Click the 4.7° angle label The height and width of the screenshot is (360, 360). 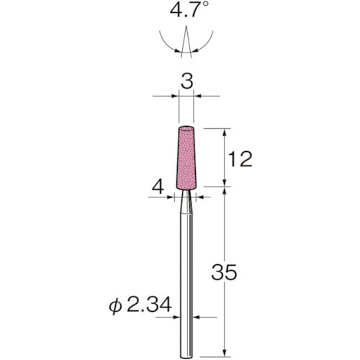(189, 9)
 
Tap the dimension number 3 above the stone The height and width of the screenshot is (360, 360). (186, 81)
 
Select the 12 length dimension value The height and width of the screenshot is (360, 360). (240, 159)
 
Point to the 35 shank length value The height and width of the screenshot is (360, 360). (224, 272)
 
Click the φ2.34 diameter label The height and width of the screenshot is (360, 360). (140, 304)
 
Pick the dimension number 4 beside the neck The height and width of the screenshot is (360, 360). (158, 187)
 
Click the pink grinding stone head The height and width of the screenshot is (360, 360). (186, 158)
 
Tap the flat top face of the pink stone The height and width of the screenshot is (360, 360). (186, 128)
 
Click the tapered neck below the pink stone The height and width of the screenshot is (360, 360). (186, 201)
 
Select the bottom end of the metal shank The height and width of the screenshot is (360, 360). (186, 356)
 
